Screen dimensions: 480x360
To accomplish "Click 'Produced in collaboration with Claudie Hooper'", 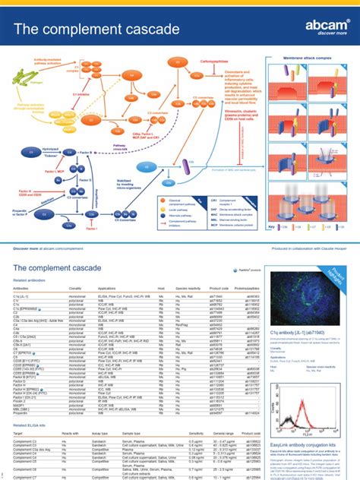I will coord(304,227).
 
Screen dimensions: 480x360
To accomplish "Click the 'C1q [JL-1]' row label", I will coord(22,298).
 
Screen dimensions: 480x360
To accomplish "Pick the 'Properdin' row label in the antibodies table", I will coord(22,412).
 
